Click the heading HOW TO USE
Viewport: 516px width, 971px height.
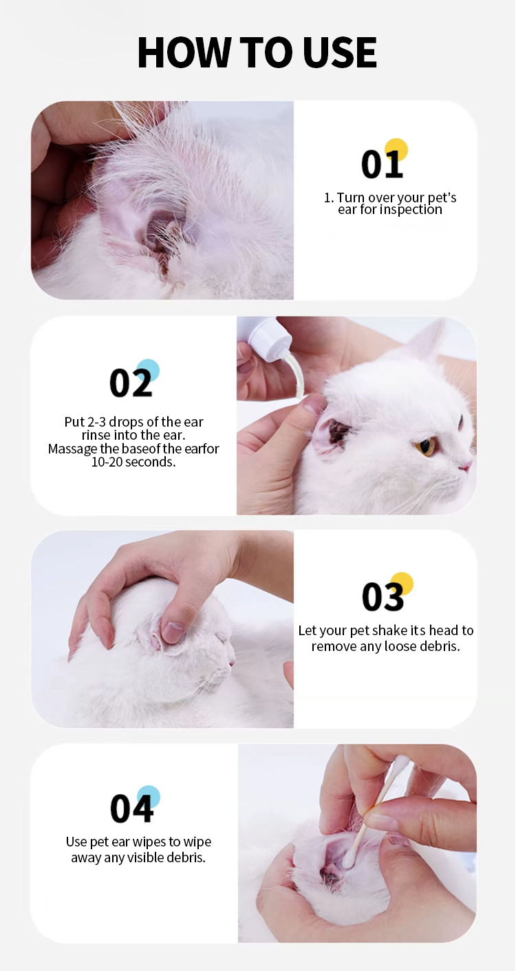257,52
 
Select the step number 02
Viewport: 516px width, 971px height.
130,383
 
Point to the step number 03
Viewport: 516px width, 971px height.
383,596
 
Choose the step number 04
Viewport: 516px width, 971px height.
131,808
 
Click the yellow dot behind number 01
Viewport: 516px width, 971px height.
396,149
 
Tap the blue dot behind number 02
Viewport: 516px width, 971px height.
148,370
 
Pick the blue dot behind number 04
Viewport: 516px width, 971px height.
149,796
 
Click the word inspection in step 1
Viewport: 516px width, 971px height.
410,210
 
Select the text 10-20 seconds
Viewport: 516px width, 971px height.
133,462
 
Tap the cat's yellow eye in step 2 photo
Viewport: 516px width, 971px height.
425,448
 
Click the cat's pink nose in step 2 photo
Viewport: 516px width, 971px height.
466,466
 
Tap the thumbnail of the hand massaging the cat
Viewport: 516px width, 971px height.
162,628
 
